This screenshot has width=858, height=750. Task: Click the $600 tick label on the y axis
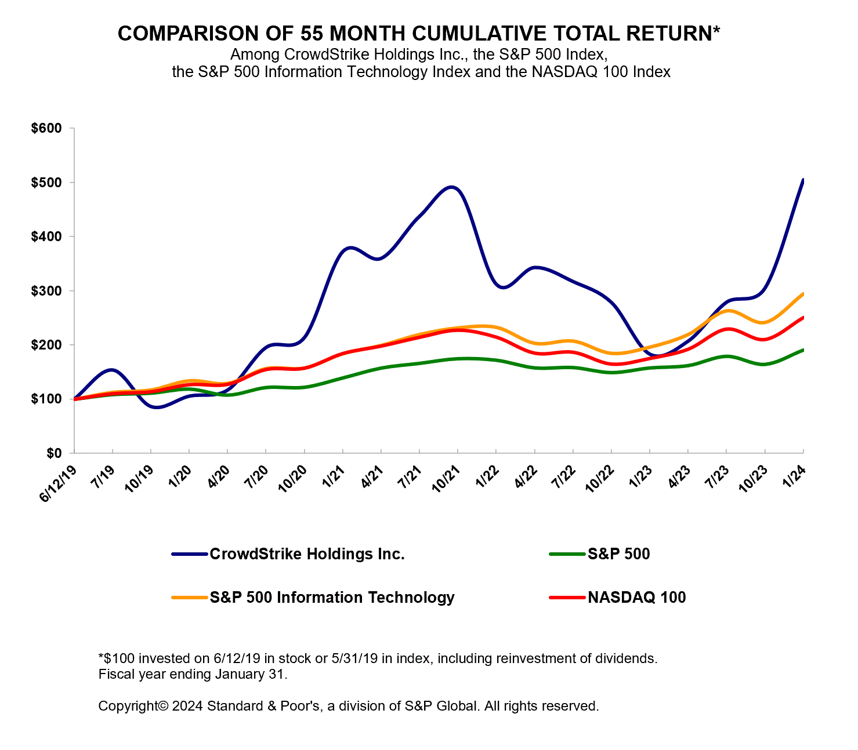[46, 128]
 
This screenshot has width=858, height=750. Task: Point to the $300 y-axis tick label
[46, 290]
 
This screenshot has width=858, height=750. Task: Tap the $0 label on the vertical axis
[54, 453]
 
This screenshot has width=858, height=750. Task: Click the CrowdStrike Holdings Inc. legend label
[307, 554]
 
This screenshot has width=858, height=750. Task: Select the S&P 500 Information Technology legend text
[332, 598]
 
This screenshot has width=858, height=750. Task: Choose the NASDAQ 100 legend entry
[636, 598]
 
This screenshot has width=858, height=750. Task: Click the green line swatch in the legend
[567, 554]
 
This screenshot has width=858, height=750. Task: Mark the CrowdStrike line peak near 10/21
[453, 187]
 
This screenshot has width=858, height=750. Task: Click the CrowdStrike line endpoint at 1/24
[803, 180]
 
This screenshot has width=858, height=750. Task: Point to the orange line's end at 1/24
[803, 294]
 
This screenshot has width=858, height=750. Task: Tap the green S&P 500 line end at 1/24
[803, 350]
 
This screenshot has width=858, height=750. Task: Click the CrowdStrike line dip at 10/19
[155, 407]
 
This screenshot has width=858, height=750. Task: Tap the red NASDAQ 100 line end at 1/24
[803, 318]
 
